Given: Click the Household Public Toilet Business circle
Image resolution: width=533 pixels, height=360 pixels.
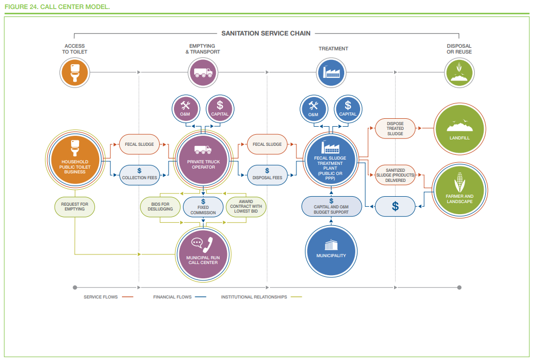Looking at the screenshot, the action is pyautogui.click(x=75, y=160).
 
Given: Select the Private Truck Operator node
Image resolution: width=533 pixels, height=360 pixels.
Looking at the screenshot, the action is pyautogui.click(x=203, y=160).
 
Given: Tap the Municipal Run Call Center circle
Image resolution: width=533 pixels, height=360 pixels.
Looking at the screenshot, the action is pyautogui.click(x=203, y=254).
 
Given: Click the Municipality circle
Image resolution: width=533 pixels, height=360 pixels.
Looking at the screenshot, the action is pyautogui.click(x=331, y=251).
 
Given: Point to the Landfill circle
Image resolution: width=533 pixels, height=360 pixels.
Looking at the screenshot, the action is pyautogui.click(x=460, y=128).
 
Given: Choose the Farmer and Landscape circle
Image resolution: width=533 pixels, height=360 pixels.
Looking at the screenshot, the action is pyautogui.click(x=460, y=190).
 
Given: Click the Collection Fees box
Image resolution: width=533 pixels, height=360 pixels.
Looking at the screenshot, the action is pyautogui.click(x=139, y=175).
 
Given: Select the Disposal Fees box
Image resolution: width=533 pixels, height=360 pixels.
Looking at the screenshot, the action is pyautogui.click(x=267, y=175).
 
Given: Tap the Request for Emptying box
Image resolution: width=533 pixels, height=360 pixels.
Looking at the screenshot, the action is pyautogui.click(x=75, y=207).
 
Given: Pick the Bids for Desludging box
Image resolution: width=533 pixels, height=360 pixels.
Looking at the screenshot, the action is pyautogui.click(x=161, y=207).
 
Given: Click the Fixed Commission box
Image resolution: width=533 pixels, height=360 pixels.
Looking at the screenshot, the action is pyautogui.click(x=203, y=207).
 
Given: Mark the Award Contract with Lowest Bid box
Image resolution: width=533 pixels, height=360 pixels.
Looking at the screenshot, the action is pyautogui.click(x=246, y=207).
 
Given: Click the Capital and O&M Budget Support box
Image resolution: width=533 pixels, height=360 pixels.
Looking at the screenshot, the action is pyautogui.click(x=331, y=206).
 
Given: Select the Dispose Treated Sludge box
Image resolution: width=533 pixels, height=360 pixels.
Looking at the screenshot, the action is pyautogui.click(x=395, y=128).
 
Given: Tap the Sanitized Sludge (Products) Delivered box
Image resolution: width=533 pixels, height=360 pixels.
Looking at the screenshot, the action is pyautogui.click(x=395, y=175).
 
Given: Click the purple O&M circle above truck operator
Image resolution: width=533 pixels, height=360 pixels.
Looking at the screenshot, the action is pyautogui.click(x=186, y=109).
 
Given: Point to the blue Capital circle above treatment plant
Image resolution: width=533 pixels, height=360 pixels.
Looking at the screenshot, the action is pyautogui.click(x=348, y=109).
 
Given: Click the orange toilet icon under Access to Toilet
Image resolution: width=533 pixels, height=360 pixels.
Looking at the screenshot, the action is pyautogui.click(x=75, y=73).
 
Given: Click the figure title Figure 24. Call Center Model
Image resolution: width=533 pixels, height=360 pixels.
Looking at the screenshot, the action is pyautogui.click(x=57, y=6).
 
